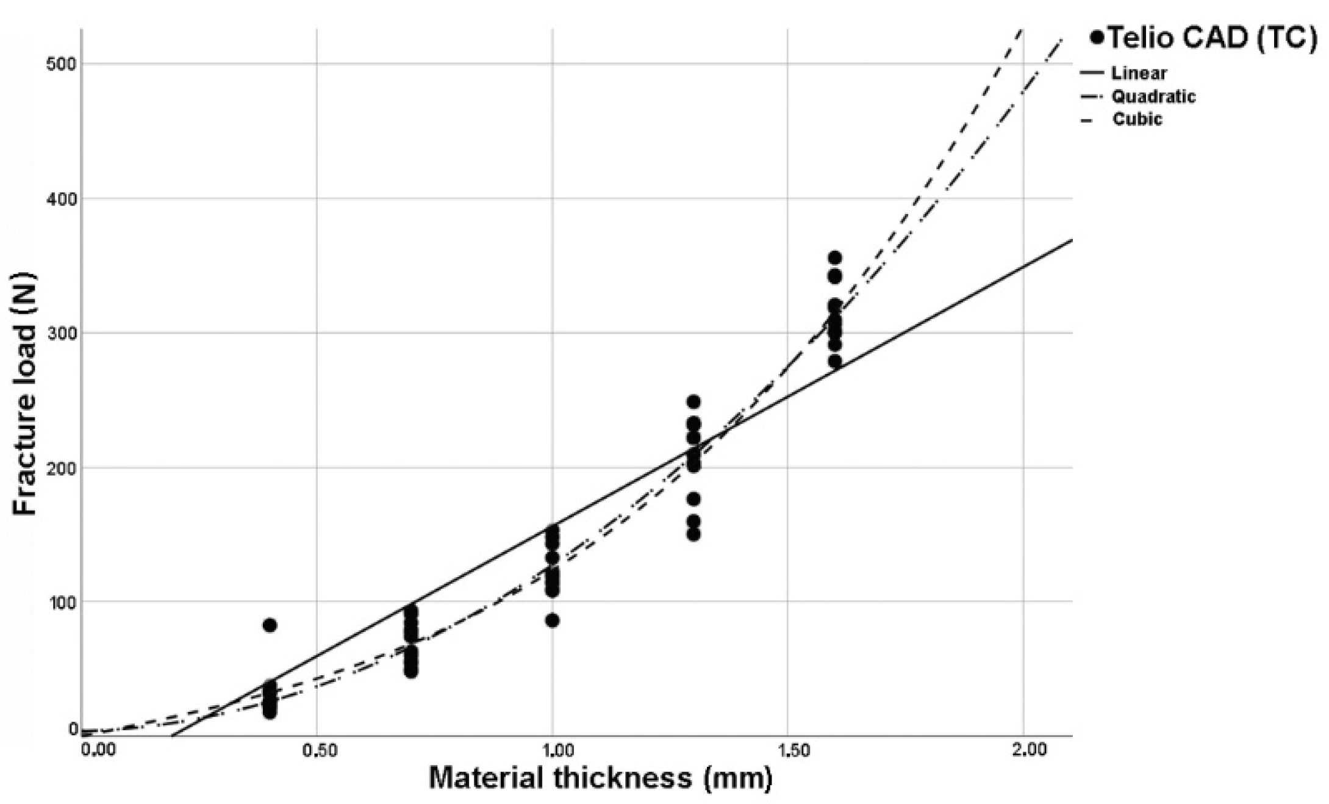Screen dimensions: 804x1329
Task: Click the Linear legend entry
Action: pos(1138,73)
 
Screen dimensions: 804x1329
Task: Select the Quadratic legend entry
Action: pos(1153,96)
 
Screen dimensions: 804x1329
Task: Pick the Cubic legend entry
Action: pos(1137,119)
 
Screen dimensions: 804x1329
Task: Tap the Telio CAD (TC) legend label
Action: pos(1211,38)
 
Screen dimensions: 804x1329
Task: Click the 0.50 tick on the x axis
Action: pos(319,750)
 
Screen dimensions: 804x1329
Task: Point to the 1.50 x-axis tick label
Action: pos(792,750)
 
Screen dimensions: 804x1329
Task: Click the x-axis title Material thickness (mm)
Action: pos(601,778)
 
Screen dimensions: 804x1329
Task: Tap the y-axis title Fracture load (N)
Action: pos(26,393)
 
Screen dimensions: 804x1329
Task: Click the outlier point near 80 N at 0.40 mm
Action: pos(270,625)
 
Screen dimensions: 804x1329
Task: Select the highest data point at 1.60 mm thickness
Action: pos(835,257)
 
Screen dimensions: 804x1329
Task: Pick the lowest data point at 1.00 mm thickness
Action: pos(552,620)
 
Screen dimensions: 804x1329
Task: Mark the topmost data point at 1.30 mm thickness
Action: pos(693,401)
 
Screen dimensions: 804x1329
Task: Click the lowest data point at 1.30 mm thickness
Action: pos(693,534)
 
